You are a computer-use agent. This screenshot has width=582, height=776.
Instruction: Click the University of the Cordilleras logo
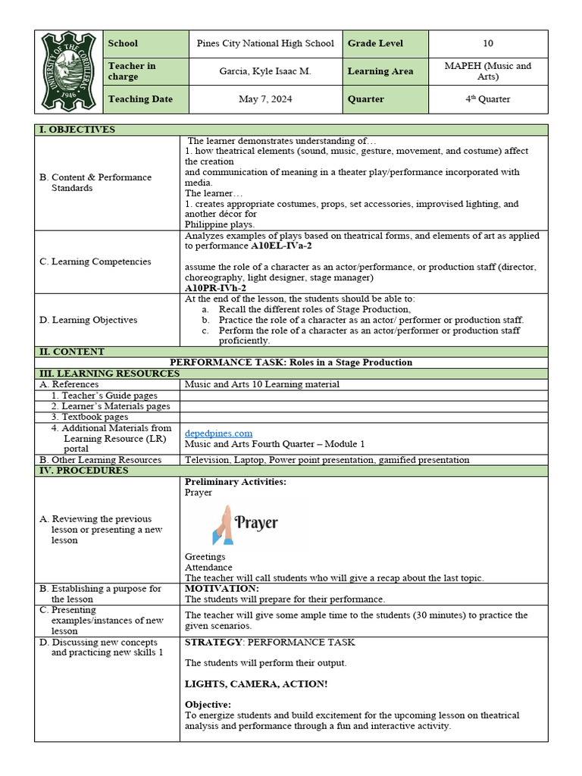click(x=69, y=71)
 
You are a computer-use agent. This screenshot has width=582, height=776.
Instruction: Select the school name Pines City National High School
click(x=265, y=44)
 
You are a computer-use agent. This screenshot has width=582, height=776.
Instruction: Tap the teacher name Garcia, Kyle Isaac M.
click(x=265, y=71)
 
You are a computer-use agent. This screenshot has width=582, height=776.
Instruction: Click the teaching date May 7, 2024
click(x=265, y=99)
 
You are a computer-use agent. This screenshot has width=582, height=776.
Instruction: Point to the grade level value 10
click(x=487, y=44)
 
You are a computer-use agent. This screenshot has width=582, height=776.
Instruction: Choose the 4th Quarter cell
click(x=487, y=99)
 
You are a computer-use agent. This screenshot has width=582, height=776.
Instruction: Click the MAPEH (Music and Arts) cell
click(x=487, y=71)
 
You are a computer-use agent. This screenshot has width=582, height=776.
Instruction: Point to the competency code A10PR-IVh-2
click(x=215, y=289)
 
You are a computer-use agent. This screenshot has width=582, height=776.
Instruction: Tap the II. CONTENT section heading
click(x=72, y=352)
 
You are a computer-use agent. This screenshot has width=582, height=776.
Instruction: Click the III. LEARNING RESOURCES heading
click(x=110, y=374)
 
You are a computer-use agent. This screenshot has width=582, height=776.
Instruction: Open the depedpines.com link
click(x=218, y=433)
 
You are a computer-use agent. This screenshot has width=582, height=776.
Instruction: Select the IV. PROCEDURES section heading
click(x=83, y=471)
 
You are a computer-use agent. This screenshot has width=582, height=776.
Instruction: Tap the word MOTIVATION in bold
click(x=221, y=588)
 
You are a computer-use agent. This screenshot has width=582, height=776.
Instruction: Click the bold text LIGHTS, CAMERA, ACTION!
click(x=256, y=684)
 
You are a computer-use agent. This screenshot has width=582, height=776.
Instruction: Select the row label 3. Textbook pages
click(x=89, y=417)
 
